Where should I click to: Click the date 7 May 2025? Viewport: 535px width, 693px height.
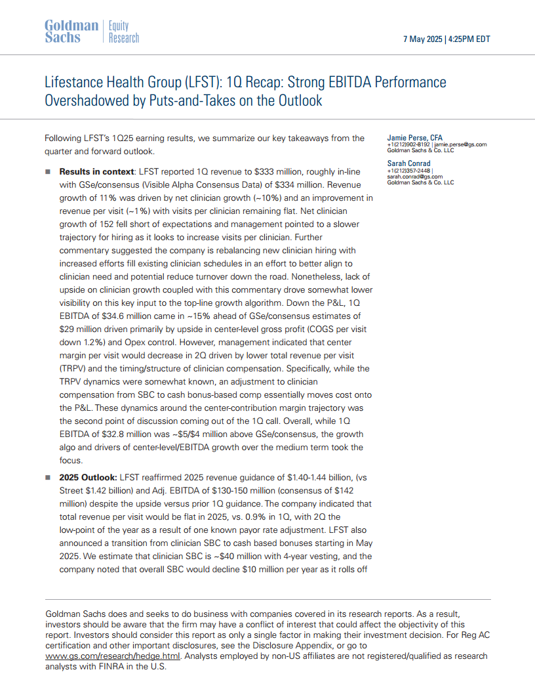point(422,39)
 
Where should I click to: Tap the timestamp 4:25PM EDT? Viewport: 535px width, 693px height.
point(469,39)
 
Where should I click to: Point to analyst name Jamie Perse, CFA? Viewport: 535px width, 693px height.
point(414,138)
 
